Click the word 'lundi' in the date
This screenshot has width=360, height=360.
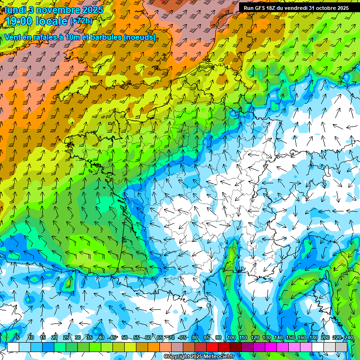coord(15,9)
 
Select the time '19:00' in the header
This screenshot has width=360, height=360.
coord(22,22)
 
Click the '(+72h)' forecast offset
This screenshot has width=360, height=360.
coord(82,22)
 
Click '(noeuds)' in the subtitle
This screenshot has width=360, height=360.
coord(140,37)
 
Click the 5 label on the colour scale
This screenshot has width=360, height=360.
coord(18,338)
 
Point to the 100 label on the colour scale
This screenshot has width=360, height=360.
coord(231,338)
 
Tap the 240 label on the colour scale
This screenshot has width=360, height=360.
coord(348,338)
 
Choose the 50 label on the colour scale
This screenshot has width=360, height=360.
coord(124,338)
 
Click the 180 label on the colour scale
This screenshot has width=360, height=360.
coord(313,338)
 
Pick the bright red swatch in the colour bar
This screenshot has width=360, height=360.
coord(212,347)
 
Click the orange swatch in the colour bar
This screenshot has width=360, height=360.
coord(154,347)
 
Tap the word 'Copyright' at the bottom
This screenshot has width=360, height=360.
coord(178,356)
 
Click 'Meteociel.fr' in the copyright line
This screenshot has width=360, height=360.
coord(223,356)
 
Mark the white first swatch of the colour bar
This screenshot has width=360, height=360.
coord(13,347)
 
